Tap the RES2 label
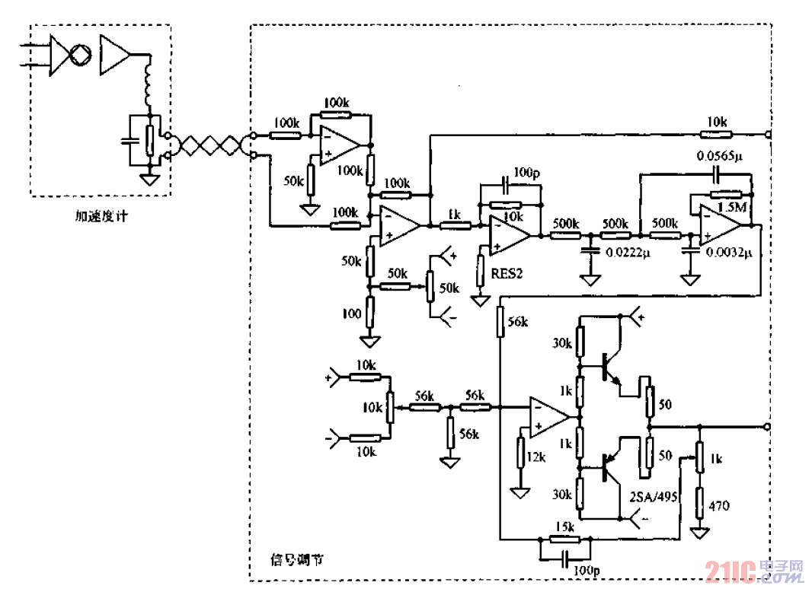pos(505,273)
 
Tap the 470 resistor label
pos(719,505)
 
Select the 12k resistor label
pos(536,456)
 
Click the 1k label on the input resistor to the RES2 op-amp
pos(454,215)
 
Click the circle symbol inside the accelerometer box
pos(80,56)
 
